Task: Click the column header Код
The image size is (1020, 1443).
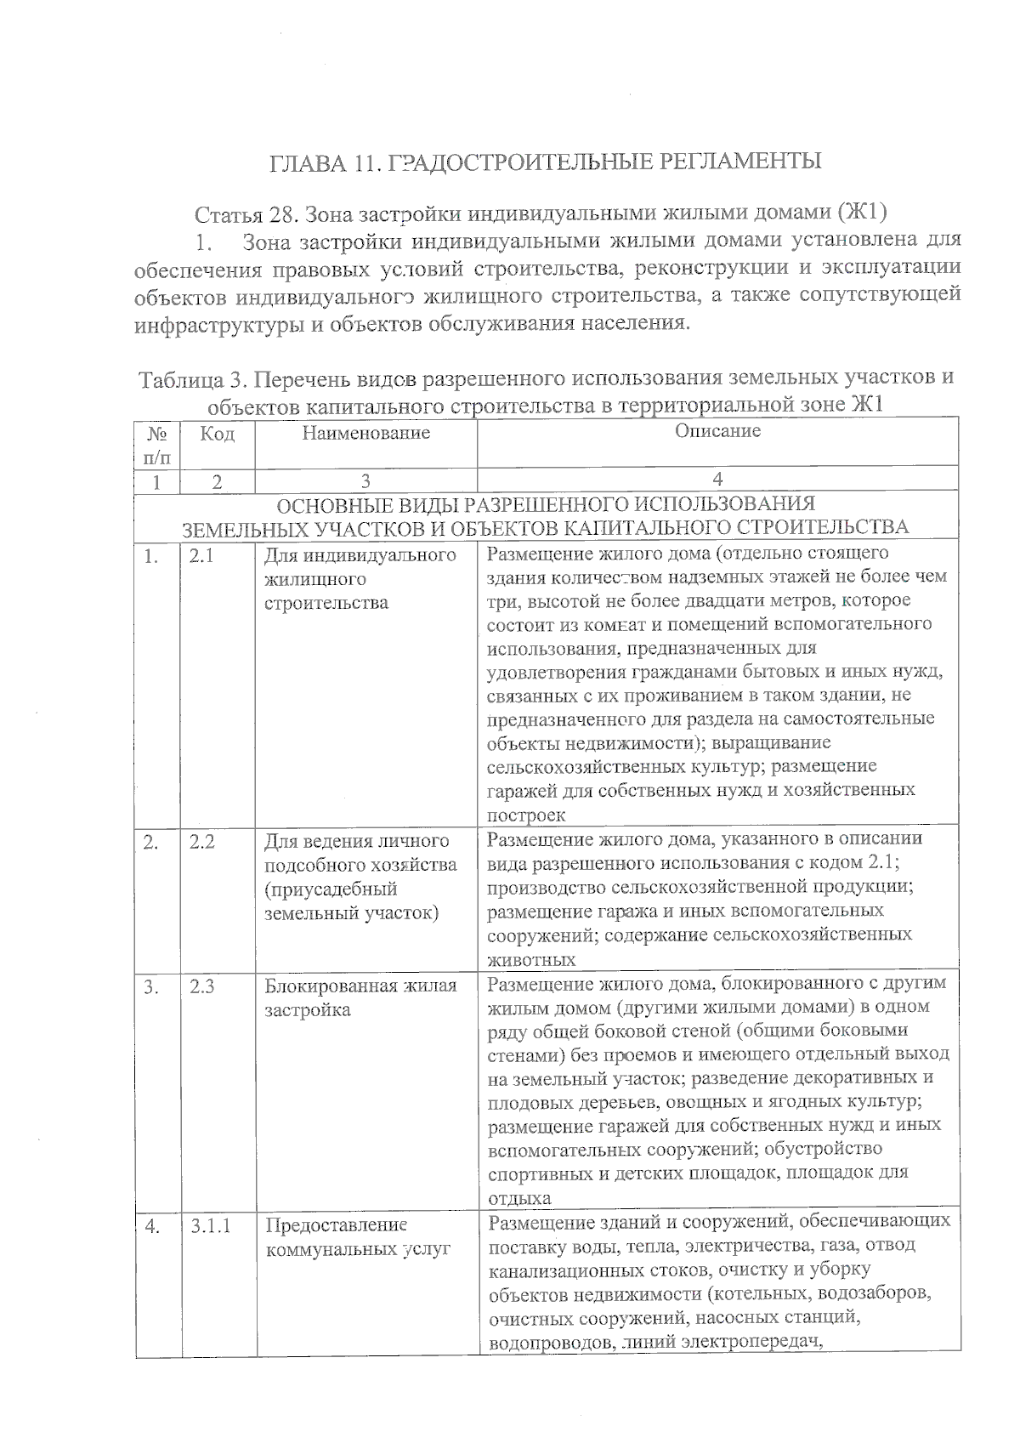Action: (x=217, y=434)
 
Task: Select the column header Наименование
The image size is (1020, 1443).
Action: (x=365, y=433)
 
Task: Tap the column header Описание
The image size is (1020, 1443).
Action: (x=717, y=431)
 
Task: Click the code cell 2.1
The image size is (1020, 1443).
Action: (x=201, y=556)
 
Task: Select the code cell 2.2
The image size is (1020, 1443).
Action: (x=202, y=842)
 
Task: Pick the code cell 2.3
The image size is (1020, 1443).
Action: (x=202, y=987)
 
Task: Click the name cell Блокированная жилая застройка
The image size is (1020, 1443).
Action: (x=360, y=998)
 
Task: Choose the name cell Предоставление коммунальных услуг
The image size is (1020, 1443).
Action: (x=358, y=1238)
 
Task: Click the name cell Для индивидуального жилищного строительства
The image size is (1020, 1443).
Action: (x=360, y=579)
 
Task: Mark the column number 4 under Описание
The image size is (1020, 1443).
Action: (x=717, y=480)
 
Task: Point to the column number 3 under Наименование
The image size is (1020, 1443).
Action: (x=365, y=481)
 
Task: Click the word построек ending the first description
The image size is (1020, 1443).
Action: (x=526, y=815)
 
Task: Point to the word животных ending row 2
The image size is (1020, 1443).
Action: (x=531, y=960)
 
